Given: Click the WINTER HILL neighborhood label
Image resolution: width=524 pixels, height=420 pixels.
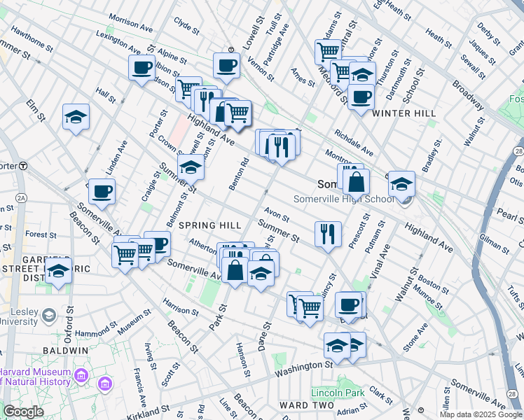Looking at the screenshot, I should coord(404,113).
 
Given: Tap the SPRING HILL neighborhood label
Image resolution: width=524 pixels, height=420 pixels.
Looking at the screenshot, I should coord(209,225).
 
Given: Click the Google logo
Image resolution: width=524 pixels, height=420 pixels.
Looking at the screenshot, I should coord(22,412).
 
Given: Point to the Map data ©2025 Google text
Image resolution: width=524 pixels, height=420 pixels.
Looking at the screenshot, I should coord(481,414).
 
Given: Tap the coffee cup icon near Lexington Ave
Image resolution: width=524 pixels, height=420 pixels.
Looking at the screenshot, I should coord(142,68).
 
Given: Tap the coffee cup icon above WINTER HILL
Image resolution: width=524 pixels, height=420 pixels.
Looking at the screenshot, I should coord(361,97).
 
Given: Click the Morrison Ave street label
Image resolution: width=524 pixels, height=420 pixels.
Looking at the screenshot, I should coord(131,27).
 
